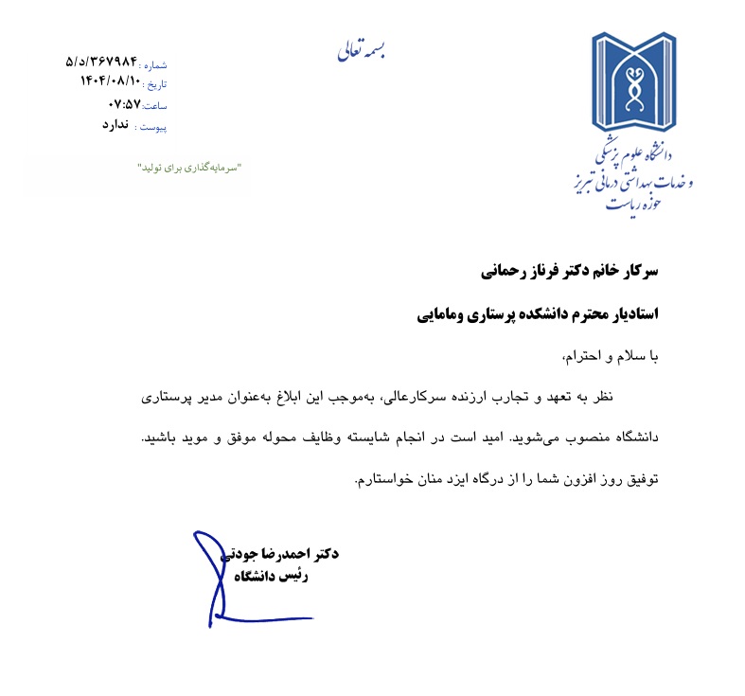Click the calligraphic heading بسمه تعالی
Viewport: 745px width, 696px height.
click(362, 50)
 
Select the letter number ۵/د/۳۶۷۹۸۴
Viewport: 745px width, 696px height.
click(101, 62)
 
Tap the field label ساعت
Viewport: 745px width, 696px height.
click(154, 106)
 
